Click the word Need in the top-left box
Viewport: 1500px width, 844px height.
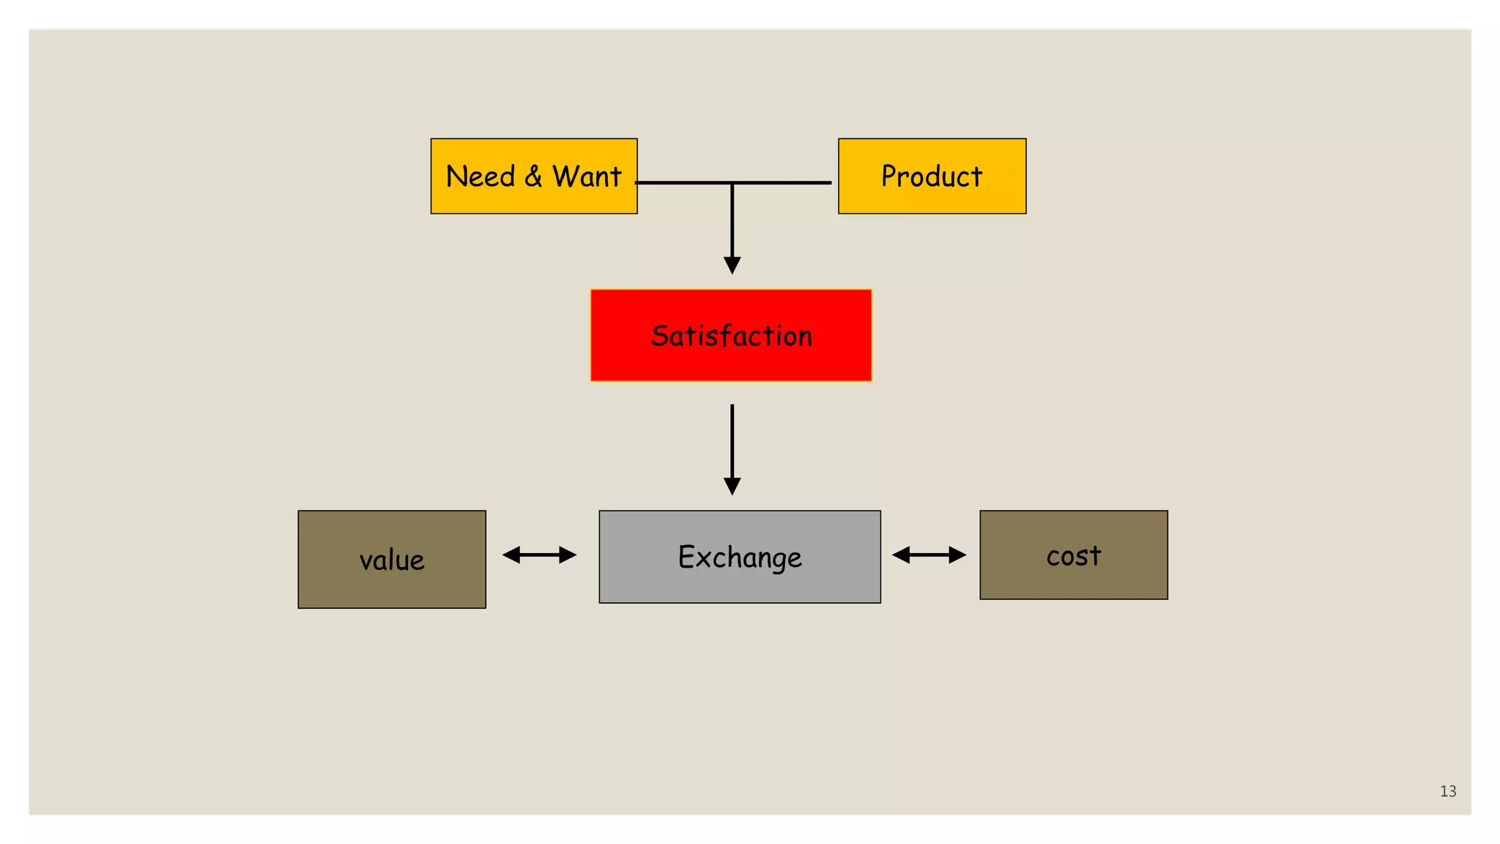(x=480, y=177)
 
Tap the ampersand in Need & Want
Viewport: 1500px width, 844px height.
(x=533, y=177)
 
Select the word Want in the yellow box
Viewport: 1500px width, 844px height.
(x=587, y=177)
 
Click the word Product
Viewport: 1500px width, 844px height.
(x=932, y=177)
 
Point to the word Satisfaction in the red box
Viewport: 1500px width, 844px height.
(x=732, y=336)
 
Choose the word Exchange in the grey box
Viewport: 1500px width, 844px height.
(x=740, y=558)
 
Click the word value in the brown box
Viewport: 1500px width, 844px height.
(x=392, y=560)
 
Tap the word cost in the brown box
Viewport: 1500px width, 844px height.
(x=1074, y=555)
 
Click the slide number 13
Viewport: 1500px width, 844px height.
(x=1448, y=791)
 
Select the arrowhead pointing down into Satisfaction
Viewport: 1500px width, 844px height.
(x=732, y=265)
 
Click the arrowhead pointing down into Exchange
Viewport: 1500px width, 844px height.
(x=732, y=486)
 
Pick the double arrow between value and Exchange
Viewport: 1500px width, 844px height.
(x=540, y=555)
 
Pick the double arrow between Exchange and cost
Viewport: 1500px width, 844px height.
(x=929, y=555)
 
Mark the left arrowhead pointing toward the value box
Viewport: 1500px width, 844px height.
(x=511, y=555)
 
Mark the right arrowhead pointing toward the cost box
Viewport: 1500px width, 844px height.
(x=957, y=555)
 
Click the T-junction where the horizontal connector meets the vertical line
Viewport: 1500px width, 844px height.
(x=732, y=182)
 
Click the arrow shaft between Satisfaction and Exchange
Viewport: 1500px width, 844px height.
(x=732, y=440)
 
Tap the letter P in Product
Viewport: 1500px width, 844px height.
(x=888, y=177)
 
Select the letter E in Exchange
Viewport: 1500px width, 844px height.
(x=686, y=557)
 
